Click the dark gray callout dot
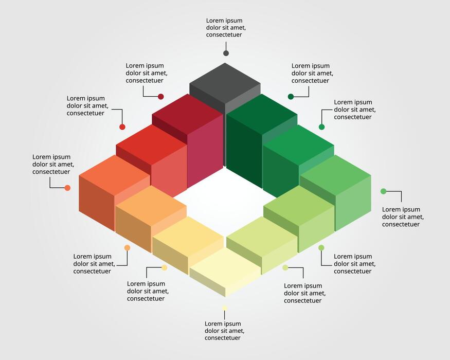(226, 53)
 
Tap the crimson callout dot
(160, 96)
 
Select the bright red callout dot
(122, 127)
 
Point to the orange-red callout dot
(67, 188)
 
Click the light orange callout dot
(127, 247)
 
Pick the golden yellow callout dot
(164, 267)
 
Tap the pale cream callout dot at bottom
(225, 308)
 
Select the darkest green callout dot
(291, 96)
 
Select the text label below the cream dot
(224, 331)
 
